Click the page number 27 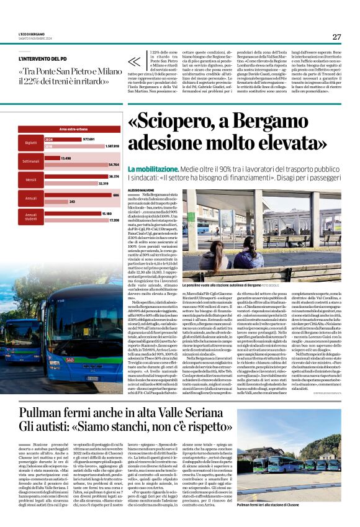tap(336, 37)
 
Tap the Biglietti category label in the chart tap(30, 143)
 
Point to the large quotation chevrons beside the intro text tap(134, 61)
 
